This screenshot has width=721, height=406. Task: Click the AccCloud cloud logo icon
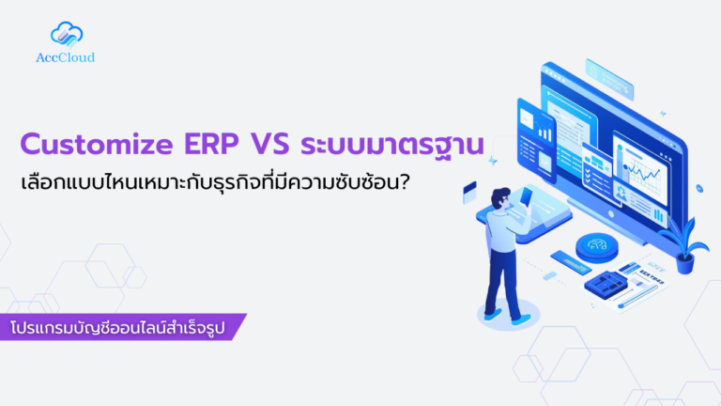67,35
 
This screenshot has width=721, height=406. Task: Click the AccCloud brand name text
67,57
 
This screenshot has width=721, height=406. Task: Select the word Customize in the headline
93,146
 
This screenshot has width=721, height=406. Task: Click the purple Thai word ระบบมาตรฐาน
392,146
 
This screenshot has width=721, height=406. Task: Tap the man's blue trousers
502,282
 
